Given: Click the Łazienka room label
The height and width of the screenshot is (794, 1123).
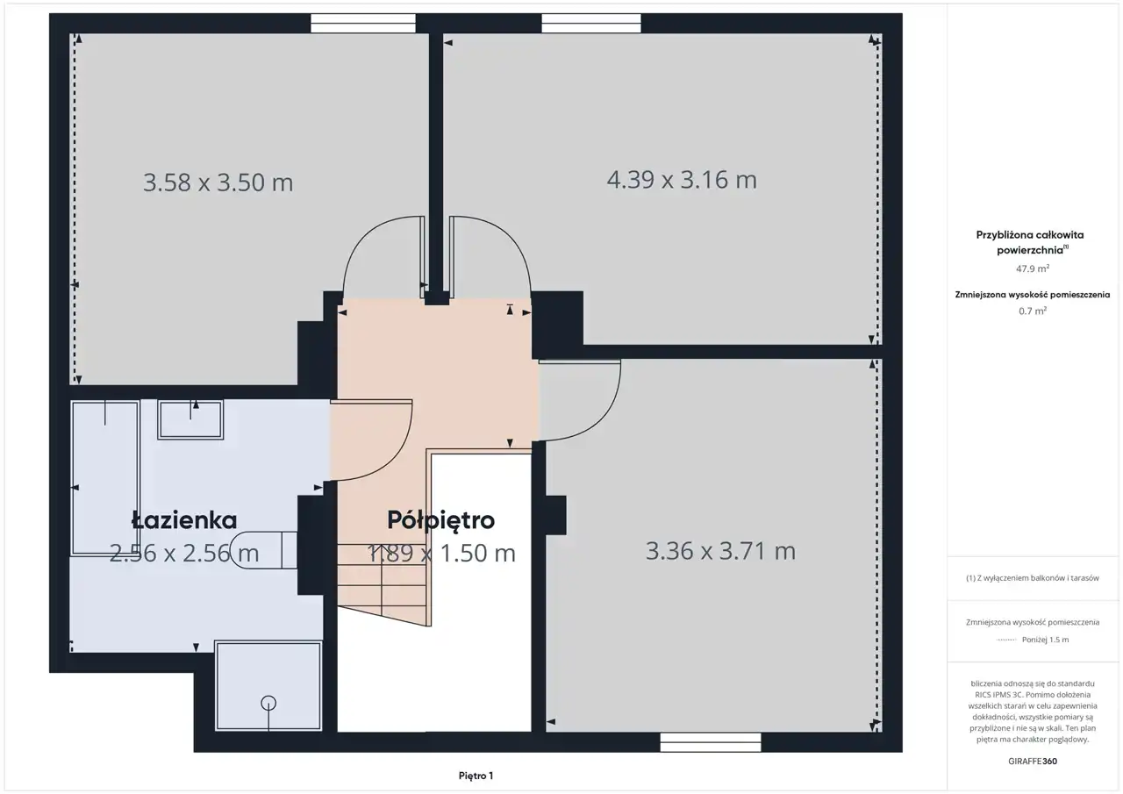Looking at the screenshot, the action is (184, 520).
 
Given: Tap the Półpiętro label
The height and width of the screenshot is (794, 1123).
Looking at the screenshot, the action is (440, 521).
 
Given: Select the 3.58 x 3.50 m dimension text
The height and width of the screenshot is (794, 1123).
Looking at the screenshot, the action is (218, 182).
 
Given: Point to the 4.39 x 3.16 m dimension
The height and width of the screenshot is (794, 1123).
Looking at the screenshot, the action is (682, 180).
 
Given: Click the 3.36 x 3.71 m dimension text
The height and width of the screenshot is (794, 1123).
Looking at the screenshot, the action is (720, 551).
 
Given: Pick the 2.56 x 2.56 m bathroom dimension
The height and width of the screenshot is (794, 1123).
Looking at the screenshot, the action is (184, 553).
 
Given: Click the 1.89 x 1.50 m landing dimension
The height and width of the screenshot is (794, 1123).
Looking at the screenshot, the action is (441, 553).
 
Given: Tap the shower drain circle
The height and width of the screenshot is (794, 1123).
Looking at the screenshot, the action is (268, 704).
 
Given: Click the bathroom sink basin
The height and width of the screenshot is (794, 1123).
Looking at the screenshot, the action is (190, 419).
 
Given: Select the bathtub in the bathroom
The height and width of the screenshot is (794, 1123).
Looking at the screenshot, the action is (104, 478).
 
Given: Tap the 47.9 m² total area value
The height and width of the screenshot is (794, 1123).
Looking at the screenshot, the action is (1033, 268).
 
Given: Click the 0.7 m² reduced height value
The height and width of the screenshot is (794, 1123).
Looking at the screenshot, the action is (1033, 311).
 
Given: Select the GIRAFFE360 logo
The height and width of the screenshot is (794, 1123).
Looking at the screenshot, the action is (1033, 761).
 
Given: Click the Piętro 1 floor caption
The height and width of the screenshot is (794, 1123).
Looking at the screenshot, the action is (476, 776).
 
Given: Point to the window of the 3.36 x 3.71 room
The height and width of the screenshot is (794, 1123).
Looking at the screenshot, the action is (711, 742).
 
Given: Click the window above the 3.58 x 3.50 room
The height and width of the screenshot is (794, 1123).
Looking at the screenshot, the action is (363, 24).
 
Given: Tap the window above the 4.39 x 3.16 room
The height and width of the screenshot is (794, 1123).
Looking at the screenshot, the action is (591, 24).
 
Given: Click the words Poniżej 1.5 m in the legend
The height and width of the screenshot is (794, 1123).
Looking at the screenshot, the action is (1045, 640).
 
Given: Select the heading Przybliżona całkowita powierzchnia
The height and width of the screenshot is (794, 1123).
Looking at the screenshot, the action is (1030, 242).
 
